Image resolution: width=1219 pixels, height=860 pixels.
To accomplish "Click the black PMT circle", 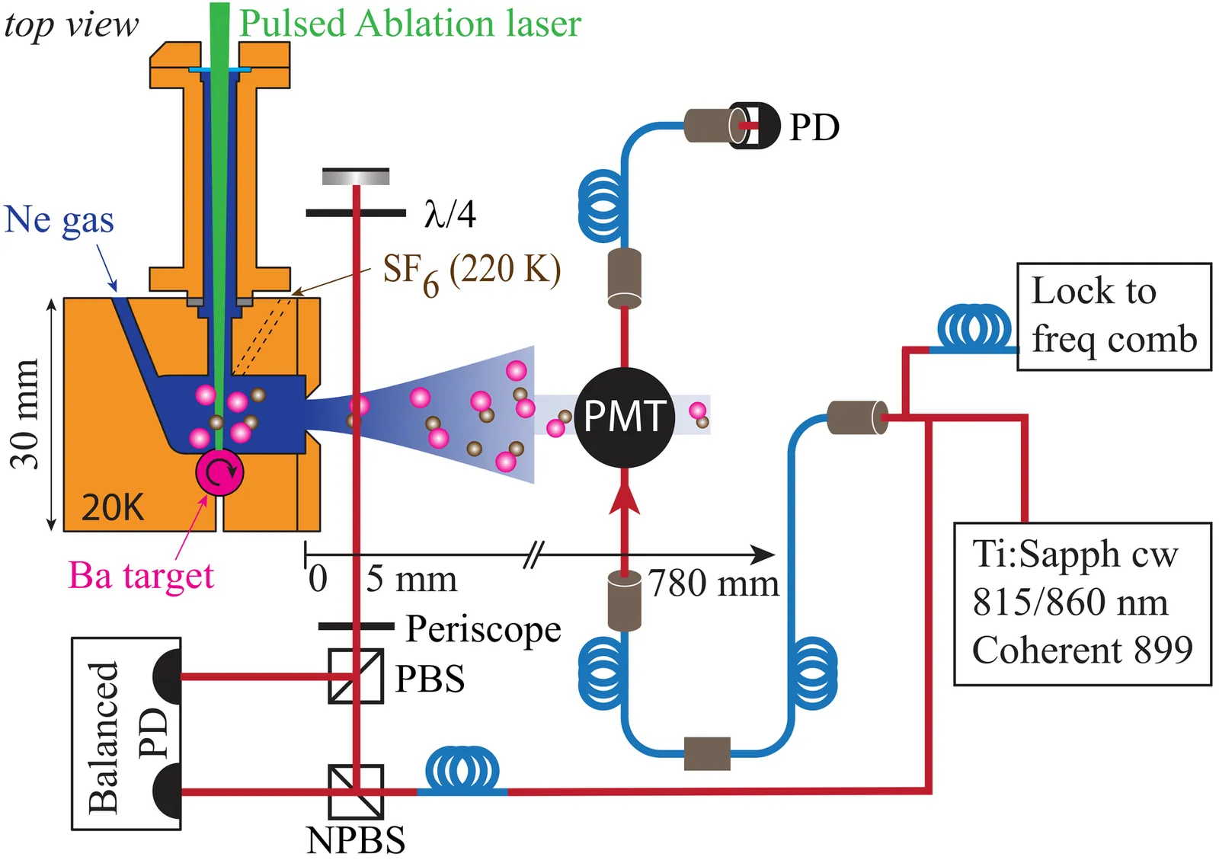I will click(624, 417).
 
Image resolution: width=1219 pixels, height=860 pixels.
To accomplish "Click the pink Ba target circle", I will click(219, 472).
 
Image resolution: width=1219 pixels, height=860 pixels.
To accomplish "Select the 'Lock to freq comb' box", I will click(1114, 316).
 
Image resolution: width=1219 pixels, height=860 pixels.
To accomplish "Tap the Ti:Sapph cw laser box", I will click(1082, 603).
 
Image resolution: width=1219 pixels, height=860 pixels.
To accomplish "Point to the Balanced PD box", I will click(126, 734).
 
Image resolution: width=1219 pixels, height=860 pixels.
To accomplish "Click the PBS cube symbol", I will click(356, 676).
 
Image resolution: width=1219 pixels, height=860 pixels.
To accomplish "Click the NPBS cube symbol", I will click(356, 791).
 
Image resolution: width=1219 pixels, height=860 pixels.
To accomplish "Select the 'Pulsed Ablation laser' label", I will click(410, 24).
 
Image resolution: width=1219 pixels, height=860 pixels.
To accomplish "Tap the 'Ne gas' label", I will click(59, 220).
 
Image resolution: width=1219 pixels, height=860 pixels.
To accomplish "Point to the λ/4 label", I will click(450, 214).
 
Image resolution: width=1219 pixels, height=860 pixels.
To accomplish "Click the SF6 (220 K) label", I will click(471, 272).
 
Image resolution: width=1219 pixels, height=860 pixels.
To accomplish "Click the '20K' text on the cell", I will click(112, 507).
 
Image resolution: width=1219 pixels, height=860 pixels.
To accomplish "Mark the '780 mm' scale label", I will click(714, 584).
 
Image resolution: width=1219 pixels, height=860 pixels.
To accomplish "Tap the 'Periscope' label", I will click(483, 629).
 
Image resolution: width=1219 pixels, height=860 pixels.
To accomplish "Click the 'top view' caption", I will click(71, 24).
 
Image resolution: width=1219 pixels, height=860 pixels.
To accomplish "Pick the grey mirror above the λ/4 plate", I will click(356, 177).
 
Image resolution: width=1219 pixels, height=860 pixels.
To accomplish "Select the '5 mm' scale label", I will click(411, 580).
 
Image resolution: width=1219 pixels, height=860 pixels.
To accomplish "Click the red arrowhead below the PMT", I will click(625, 495).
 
